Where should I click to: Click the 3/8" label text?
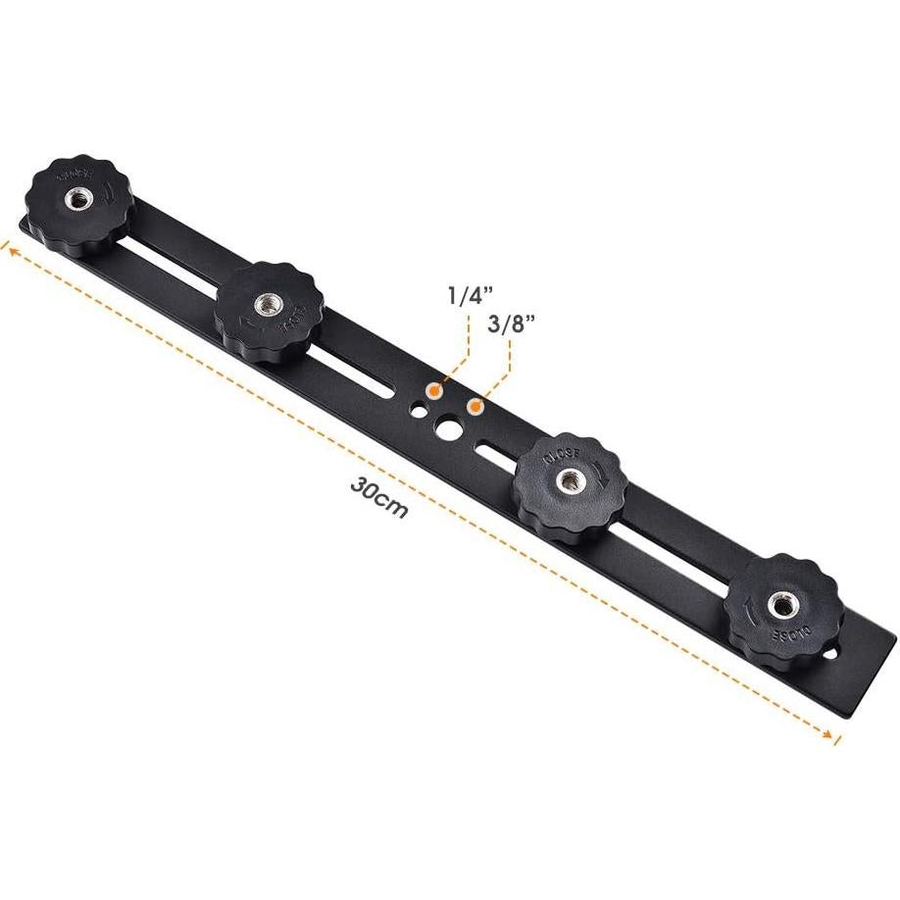point(508,326)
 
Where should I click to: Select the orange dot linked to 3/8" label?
point(475,405)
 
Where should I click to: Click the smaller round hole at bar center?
point(419,412)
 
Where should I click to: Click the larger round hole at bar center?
point(449,427)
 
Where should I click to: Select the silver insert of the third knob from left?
point(569,479)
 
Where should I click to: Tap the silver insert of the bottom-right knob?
point(781,605)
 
